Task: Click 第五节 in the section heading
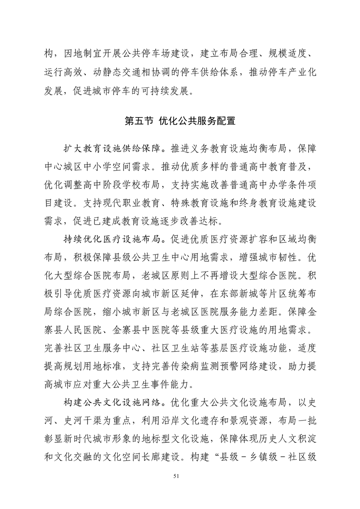tap(139, 121)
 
